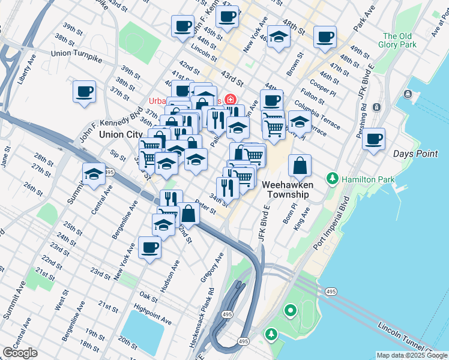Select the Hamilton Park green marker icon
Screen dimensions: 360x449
tap(332, 179)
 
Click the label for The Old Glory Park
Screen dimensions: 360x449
tap(398, 40)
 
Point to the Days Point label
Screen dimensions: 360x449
tap(415, 154)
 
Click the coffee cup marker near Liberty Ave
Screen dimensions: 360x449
tap(85, 92)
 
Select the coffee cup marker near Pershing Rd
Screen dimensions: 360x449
tap(374, 139)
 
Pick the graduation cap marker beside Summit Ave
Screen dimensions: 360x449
tap(94, 174)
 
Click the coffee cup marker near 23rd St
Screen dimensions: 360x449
tap(149, 247)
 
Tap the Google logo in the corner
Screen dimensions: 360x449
tap(20, 353)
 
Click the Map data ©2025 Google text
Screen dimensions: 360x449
tap(412, 355)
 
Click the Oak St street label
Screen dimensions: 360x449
tap(148, 296)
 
